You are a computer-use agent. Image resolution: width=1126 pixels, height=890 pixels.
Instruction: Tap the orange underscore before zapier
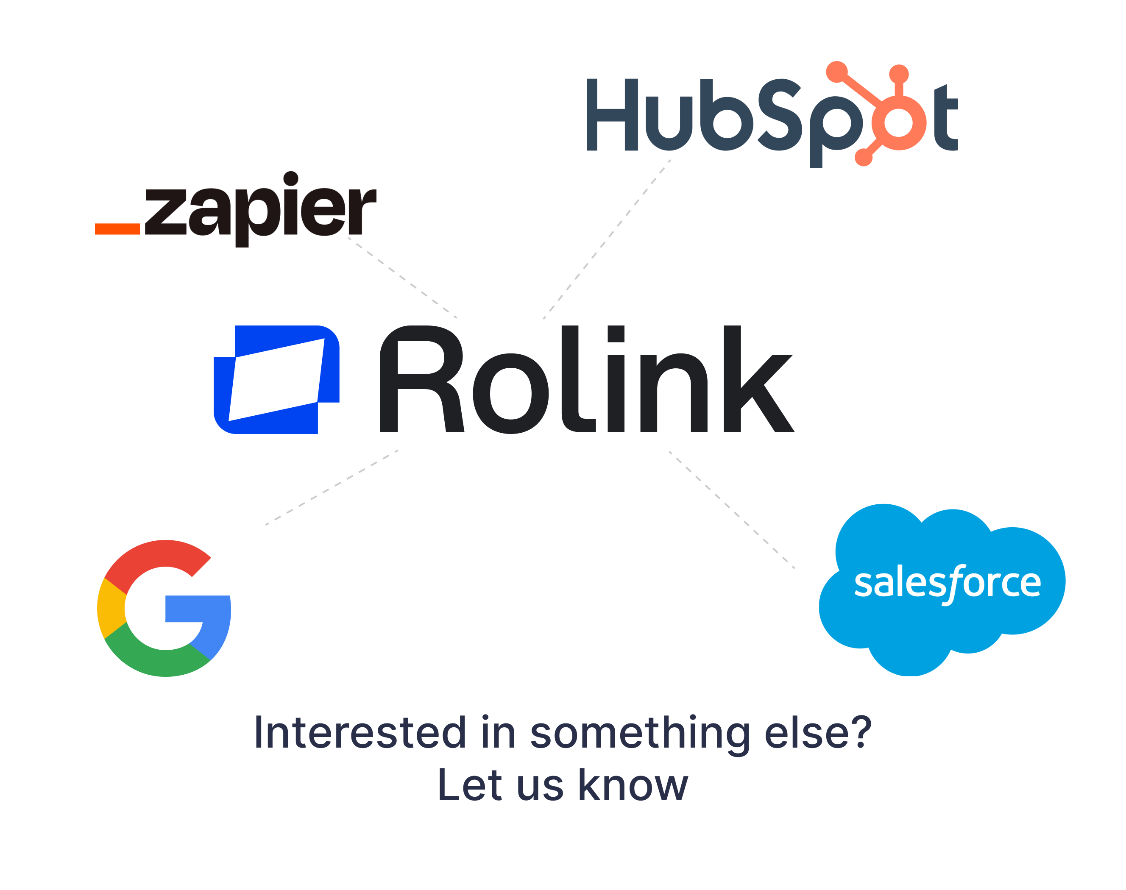(x=117, y=228)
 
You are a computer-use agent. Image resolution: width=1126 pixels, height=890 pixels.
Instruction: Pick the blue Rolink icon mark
(x=276, y=379)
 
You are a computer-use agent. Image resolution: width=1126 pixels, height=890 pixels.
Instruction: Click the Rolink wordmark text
(x=586, y=379)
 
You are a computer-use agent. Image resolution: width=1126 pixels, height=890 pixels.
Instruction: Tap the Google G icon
(x=163, y=608)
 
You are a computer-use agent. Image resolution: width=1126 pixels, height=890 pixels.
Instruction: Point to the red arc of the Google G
(x=156, y=555)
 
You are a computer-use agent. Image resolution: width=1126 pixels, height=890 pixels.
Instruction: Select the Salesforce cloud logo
(x=942, y=589)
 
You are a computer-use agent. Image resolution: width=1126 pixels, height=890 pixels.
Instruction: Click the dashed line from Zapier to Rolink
(x=402, y=278)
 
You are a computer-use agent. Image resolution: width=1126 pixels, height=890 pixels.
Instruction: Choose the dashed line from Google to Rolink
(x=332, y=487)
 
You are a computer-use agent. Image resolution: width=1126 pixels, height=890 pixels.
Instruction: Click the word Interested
(x=360, y=733)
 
